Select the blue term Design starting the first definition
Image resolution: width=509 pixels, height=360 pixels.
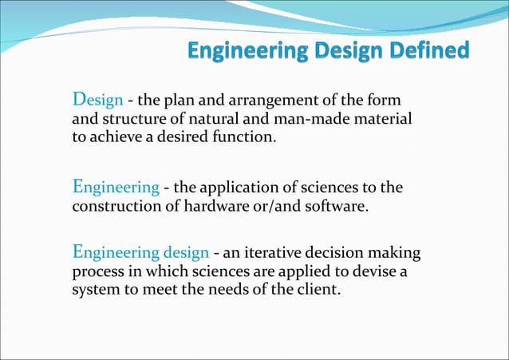pyautogui.click(x=97, y=101)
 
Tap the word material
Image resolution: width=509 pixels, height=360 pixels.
pyautogui.click(x=384, y=119)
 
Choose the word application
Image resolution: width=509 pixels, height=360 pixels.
pyautogui.click(x=236, y=188)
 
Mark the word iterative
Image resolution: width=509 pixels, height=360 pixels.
pyautogui.click(x=270, y=254)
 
